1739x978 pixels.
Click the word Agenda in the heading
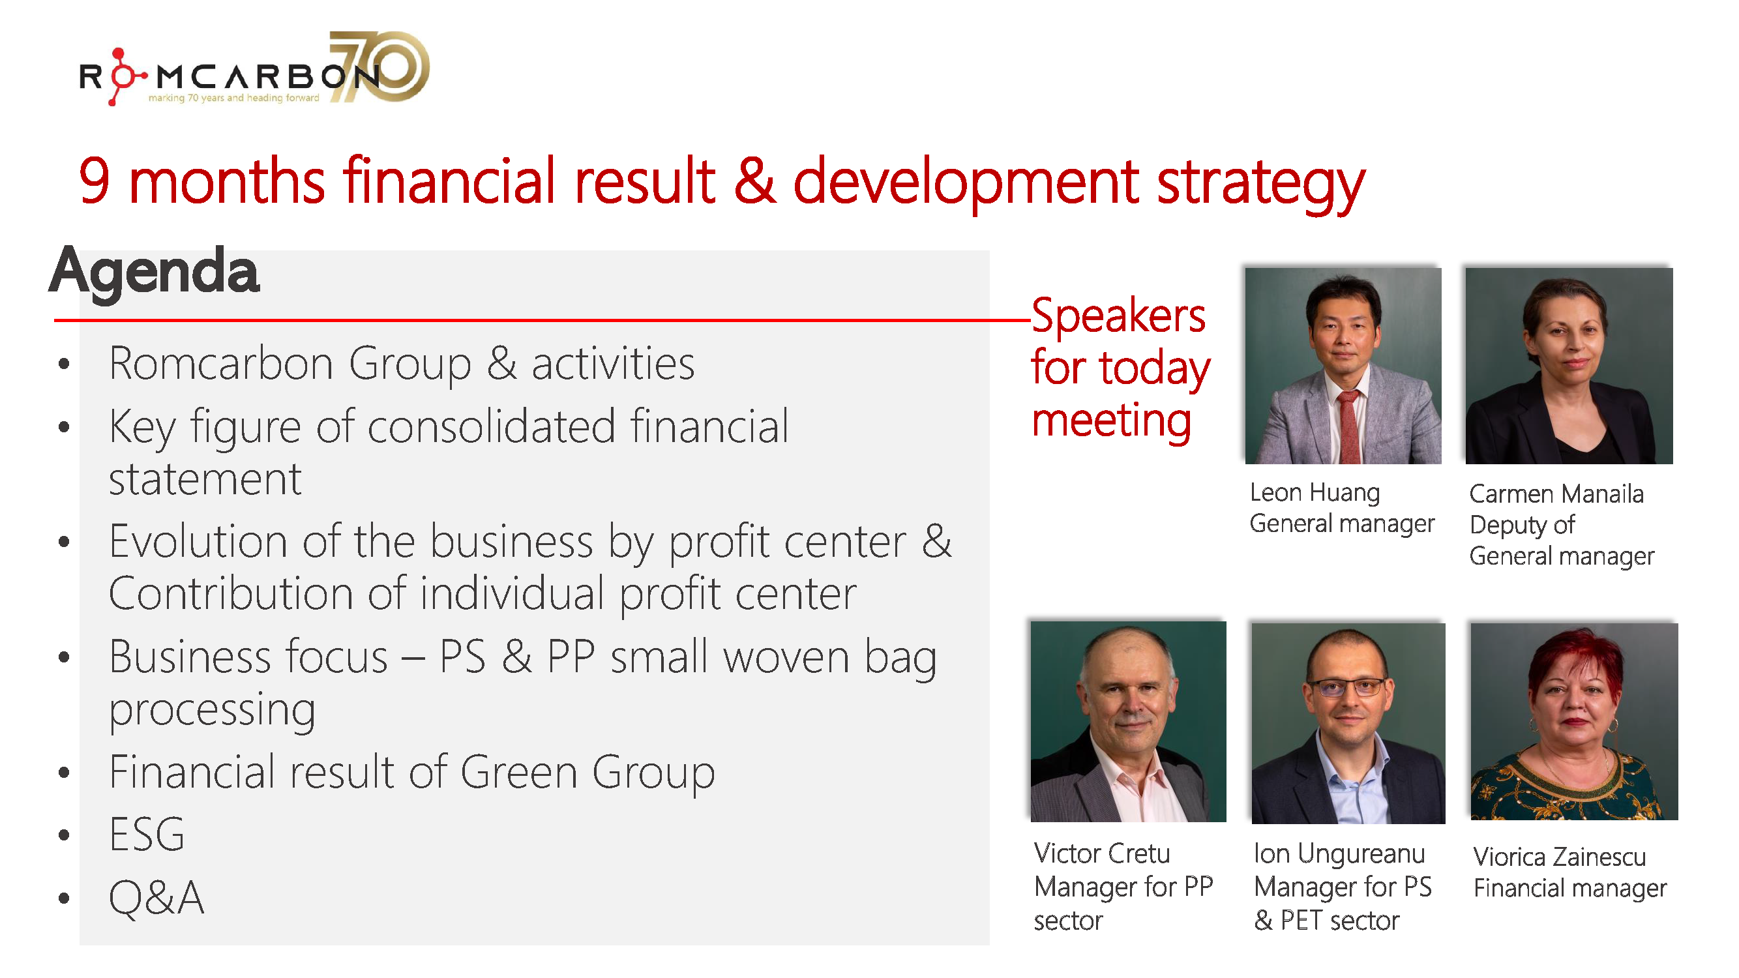click(154, 271)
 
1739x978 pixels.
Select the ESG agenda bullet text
click(147, 835)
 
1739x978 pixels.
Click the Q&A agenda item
click(156, 898)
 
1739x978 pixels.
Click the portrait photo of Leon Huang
click(1342, 366)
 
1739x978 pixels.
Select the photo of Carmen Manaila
click(1568, 366)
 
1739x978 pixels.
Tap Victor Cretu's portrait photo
click(1127, 721)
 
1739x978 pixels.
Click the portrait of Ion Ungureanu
click(1348, 722)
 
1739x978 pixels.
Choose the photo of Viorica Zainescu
click(1573, 721)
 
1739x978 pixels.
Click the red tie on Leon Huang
click(1349, 425)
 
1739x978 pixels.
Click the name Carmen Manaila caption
click(1555, 494)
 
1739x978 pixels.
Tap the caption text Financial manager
click(1569, 888)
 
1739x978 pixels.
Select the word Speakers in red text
click(1118, 316)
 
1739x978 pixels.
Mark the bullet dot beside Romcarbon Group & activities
click(64, 364)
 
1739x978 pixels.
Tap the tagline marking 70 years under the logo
click(233, 98)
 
